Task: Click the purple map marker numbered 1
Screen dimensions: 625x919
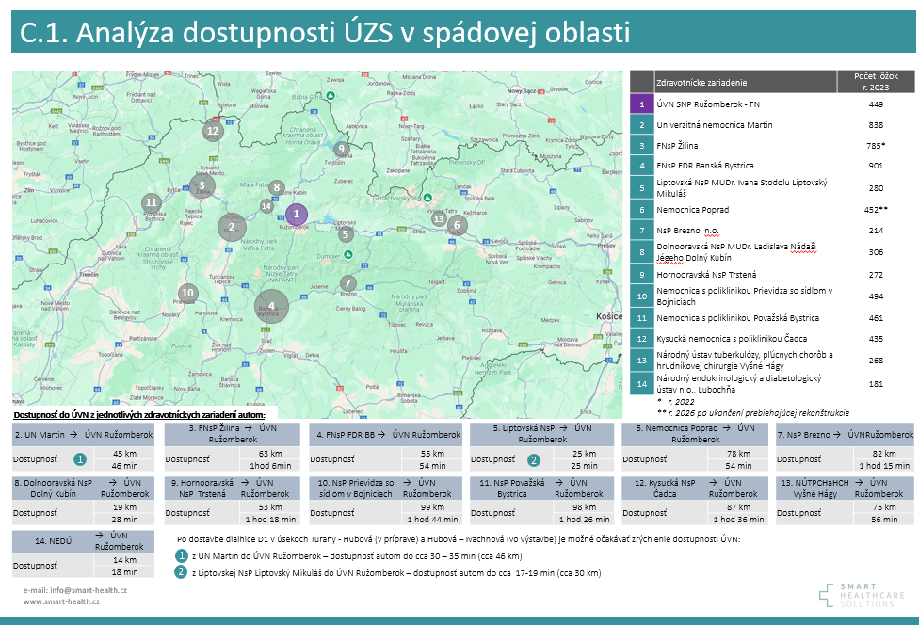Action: (x=296, y=215)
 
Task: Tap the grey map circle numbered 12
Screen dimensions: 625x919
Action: (x=212, y=132)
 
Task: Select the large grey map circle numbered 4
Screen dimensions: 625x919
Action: (x=271, y=305)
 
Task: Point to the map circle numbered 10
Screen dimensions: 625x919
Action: (x=188, y=293)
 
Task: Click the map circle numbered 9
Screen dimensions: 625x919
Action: (x=342, y=149)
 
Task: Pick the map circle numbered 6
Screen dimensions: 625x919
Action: (x=457, y=225)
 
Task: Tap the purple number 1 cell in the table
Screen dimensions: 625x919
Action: (x=640, y=104)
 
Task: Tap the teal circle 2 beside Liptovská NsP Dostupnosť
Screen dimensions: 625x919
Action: (x=533, y=460)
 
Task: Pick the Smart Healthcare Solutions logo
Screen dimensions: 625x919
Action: (x=855, y=594)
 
